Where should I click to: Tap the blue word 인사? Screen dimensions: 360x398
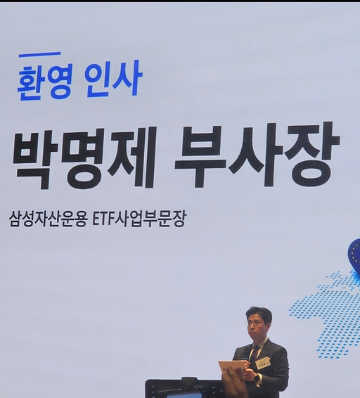pos(114,79)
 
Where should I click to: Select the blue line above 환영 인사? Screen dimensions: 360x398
pos(40,54)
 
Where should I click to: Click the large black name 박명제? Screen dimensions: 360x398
pos(84,158)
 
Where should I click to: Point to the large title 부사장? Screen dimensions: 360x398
pos(257,155)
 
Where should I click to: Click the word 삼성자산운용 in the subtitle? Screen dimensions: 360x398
pos(49,219)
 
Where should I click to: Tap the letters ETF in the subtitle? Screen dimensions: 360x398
pos(102,219)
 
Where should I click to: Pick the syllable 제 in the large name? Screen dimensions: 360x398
pos(131,157)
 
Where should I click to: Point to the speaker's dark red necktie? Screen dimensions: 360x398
pos(255,353)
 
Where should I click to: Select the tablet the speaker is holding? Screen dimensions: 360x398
pos(232,371)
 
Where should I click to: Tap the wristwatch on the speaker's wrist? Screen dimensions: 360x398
pos(257,378)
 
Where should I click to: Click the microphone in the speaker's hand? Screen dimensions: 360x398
pos(247,361)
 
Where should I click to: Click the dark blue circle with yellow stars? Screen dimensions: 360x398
pos(354,252)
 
